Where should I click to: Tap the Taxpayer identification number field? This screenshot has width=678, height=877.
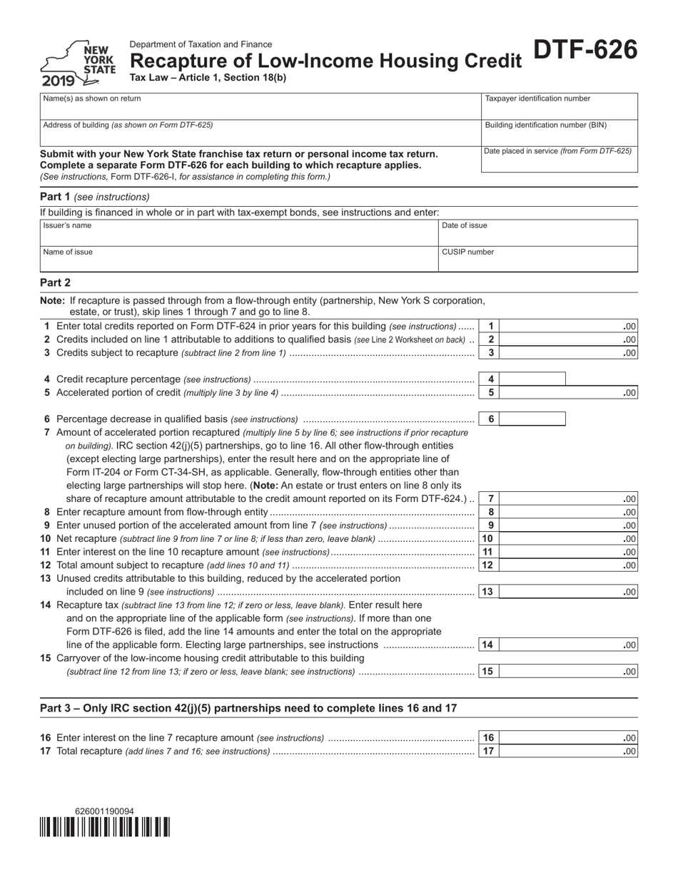(559, 106)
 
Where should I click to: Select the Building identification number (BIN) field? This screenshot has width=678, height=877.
(559, 132)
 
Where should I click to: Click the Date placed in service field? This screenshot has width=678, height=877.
(559, 159)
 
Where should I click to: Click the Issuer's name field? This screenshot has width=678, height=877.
(239, 232)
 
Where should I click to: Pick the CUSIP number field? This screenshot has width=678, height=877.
(537, 259)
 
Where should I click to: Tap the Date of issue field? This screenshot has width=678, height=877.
(537, 232)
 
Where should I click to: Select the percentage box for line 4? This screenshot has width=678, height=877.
(532, 379)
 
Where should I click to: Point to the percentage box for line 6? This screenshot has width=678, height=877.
(532, 419)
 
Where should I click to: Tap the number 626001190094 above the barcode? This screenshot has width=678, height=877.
(104, 811)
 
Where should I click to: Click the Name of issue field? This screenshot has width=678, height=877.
(239, 259)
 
